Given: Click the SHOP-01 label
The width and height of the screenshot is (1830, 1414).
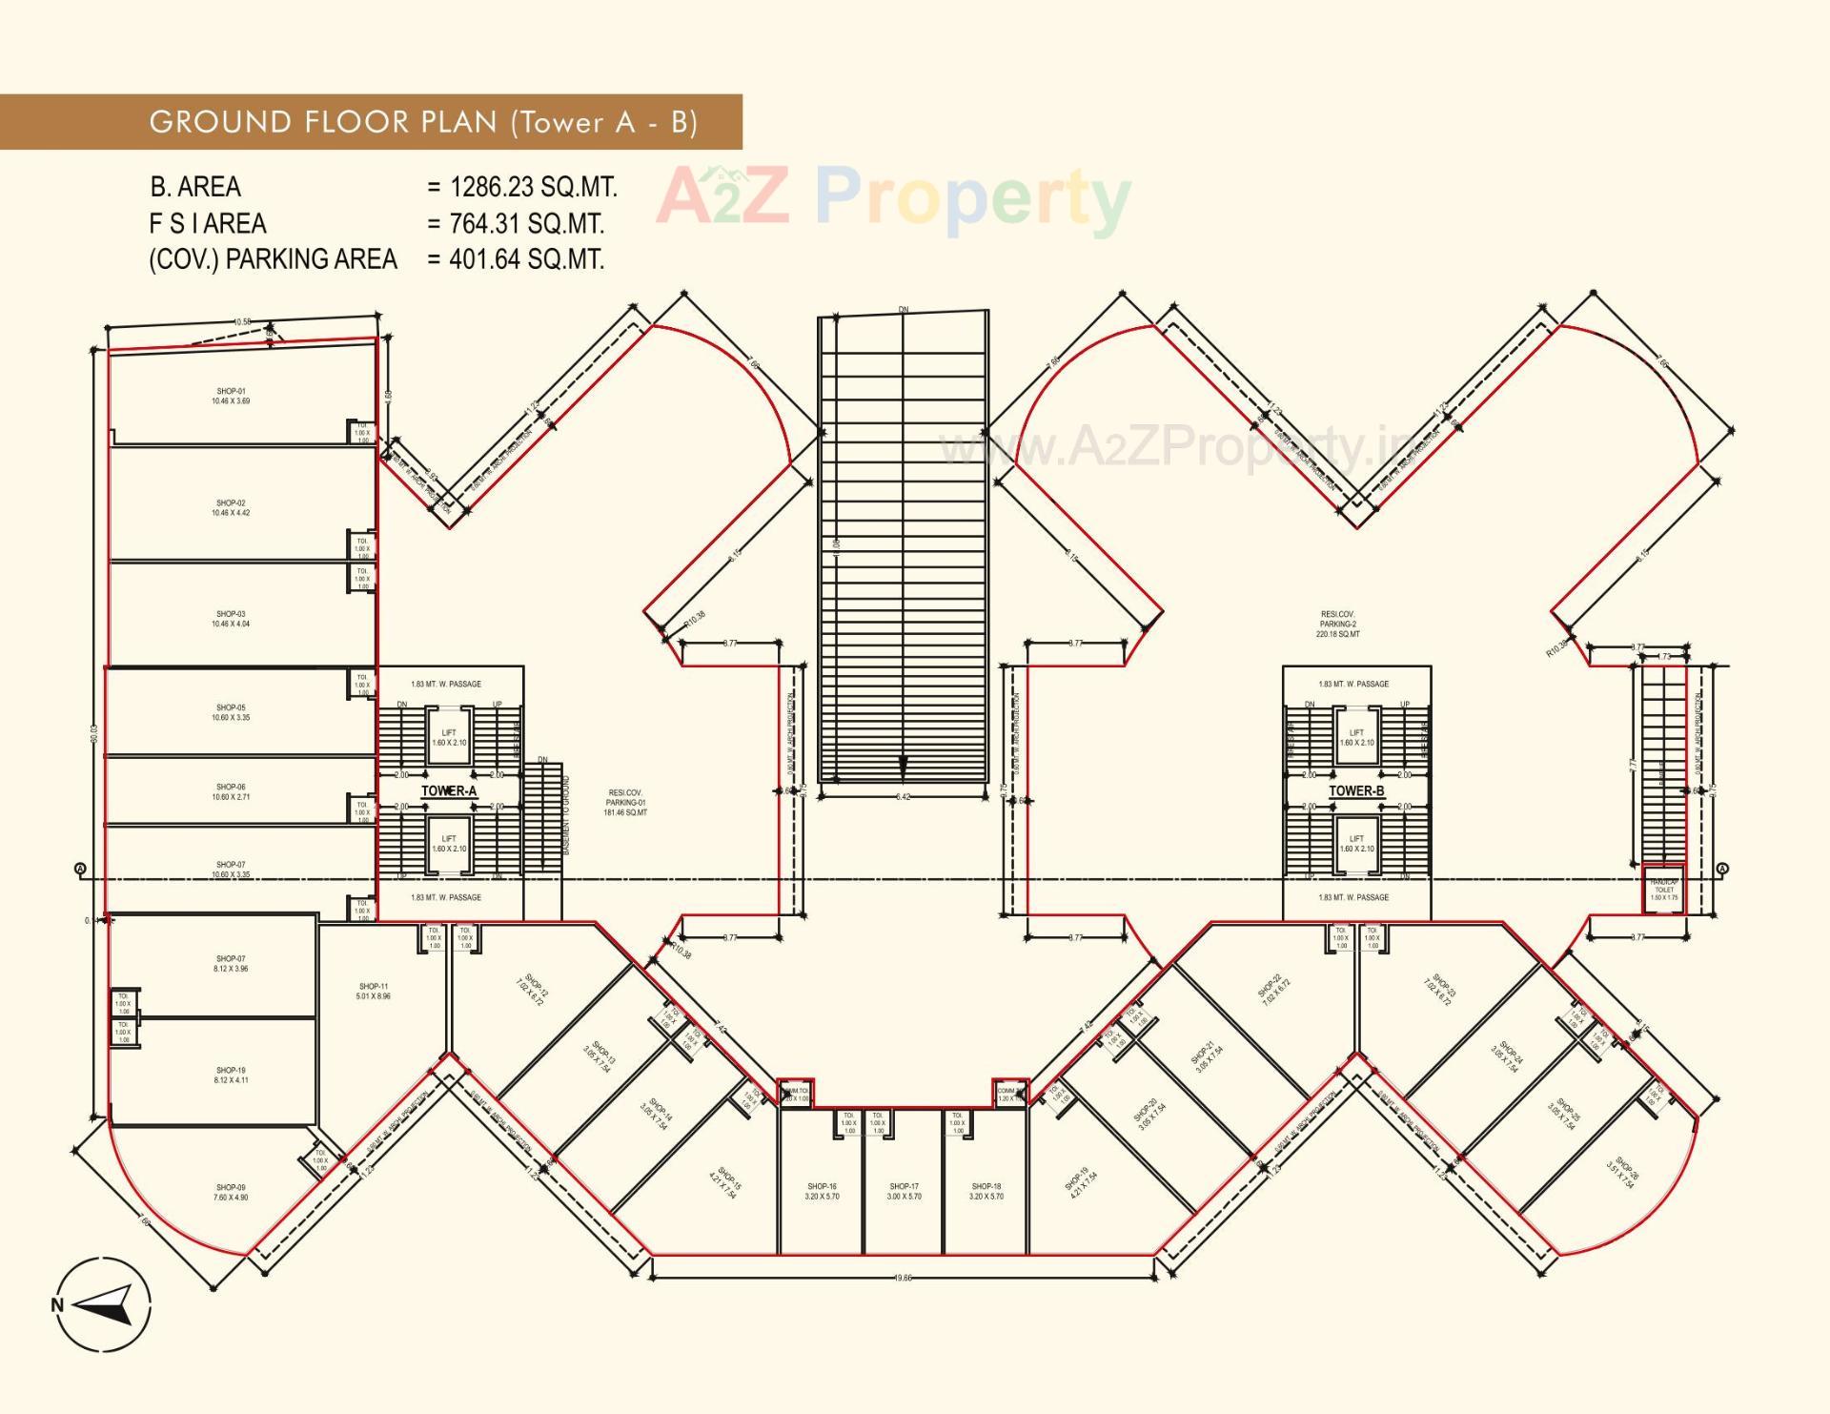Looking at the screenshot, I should point(231,396).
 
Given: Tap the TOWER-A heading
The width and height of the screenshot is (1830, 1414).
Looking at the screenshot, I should point(449,790).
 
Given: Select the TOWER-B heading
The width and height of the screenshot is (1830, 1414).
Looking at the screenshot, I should point(1356,790).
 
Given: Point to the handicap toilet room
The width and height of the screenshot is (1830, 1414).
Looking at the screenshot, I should point(1664,890).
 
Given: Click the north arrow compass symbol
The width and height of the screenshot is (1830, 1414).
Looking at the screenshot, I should point(102,1304).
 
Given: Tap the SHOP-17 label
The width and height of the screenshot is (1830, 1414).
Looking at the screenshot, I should point(904,1191).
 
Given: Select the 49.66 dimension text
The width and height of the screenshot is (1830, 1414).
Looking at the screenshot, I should point(903,1278).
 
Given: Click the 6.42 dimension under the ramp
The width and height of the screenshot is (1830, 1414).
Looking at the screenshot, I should point(903,796).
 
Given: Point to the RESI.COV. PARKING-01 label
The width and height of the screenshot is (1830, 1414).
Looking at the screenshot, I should point(625,802).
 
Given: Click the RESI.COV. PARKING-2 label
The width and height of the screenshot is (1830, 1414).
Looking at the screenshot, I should point(1337,625).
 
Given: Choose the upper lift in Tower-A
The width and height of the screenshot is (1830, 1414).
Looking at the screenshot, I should point(449,737).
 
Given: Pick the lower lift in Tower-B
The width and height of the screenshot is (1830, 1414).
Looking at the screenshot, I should point(1356,843).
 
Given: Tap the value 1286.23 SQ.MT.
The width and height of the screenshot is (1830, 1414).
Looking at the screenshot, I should point(534,187).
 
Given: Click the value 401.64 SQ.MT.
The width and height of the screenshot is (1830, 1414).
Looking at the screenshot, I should point(526,259).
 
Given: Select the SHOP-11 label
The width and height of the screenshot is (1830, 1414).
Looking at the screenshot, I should point(374,991).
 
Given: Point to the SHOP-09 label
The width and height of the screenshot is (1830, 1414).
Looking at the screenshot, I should point(231,1192).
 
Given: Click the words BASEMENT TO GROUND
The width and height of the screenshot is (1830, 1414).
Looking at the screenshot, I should point(566,814).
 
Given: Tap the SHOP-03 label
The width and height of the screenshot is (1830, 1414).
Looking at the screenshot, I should point(231,619).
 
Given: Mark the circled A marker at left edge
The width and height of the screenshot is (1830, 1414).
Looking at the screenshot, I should point(80,869).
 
